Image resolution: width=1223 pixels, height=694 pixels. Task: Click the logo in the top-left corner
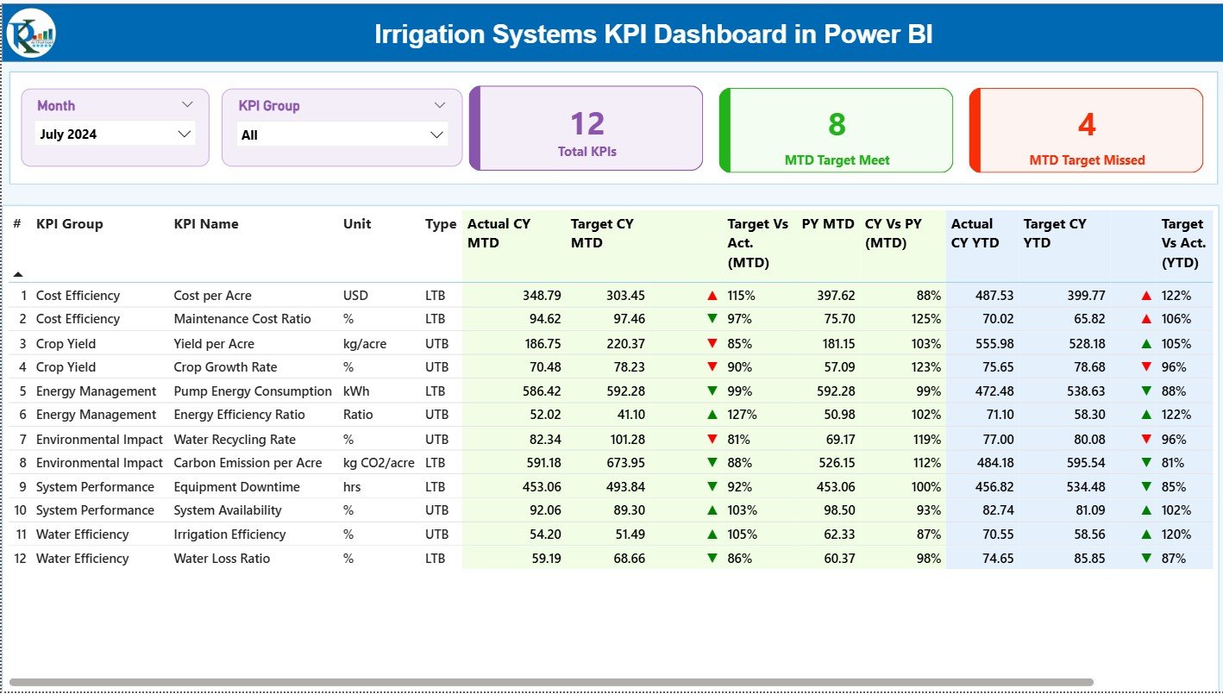point(31,34)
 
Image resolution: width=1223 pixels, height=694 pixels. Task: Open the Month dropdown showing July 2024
point(116,134)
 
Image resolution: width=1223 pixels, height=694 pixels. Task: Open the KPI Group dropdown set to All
point(342,134)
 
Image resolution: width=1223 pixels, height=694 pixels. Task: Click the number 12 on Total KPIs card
point(587,124)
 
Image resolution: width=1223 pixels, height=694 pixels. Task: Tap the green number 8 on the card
point(837,125)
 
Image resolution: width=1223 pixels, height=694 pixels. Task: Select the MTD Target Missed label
point(1087,160)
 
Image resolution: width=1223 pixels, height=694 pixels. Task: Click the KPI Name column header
point(206,224)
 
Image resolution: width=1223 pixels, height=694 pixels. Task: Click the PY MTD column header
point(827,224)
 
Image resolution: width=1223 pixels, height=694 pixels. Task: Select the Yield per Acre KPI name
point(213,343)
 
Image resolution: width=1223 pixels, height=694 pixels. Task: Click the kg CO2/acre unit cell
point(378,463)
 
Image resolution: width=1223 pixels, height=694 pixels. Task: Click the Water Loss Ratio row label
point(222,559)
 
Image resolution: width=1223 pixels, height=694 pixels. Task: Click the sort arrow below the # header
point(18,274)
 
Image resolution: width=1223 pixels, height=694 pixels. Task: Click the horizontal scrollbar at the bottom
point(552,682)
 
